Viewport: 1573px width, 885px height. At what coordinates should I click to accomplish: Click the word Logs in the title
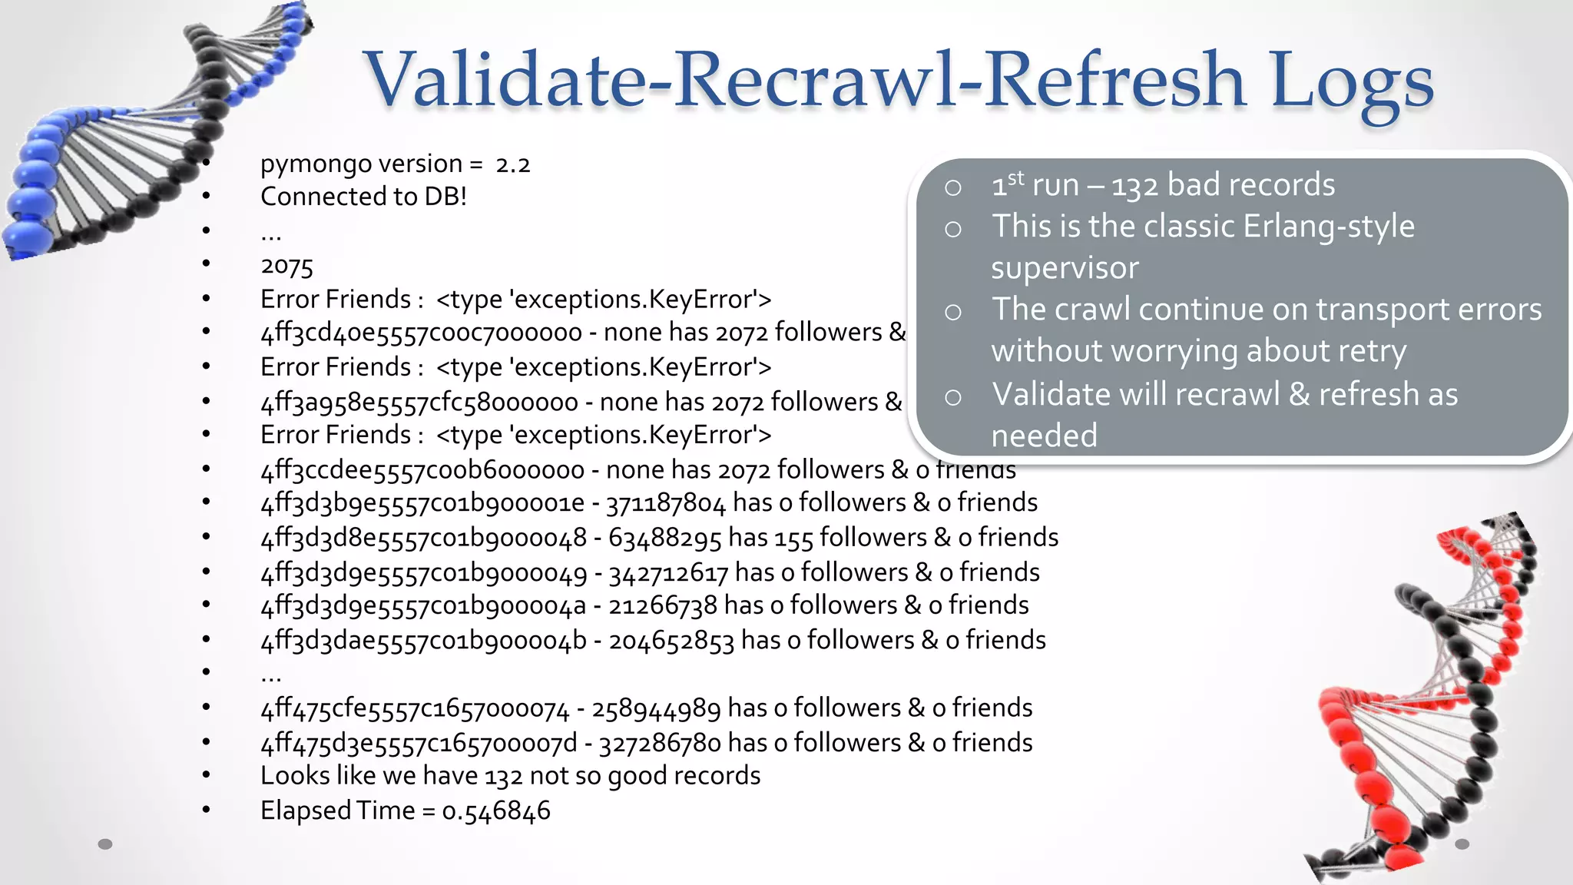click(1351, 81)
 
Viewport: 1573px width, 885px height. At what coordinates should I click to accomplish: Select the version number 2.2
click(513, 164)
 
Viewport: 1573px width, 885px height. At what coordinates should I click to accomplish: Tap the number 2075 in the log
click(287, 267)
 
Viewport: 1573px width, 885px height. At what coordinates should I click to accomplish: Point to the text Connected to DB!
click(363, 197)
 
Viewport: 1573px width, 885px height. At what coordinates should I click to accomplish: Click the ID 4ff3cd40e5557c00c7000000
click(422, 333)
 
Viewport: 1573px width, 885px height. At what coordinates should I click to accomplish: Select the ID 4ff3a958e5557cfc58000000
click(419, 402)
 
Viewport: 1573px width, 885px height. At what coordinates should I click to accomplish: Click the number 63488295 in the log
click(664, 538)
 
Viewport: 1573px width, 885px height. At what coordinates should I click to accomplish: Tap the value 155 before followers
click(793, 538)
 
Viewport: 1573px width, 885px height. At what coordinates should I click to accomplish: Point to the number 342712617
click(667, 573)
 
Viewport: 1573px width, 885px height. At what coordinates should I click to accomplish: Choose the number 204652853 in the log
click(671, 641)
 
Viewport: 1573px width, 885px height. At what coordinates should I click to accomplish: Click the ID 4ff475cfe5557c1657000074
click(415, 708)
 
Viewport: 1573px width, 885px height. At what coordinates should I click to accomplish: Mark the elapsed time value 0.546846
click(496, 811)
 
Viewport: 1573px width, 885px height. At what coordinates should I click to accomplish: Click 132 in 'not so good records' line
click(503, 777)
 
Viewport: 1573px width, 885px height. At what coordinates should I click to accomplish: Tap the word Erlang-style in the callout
click(1328, 227)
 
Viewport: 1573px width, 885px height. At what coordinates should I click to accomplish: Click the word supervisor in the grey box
click(1065, 268)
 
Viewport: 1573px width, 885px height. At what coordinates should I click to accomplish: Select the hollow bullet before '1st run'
click(953, 187)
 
